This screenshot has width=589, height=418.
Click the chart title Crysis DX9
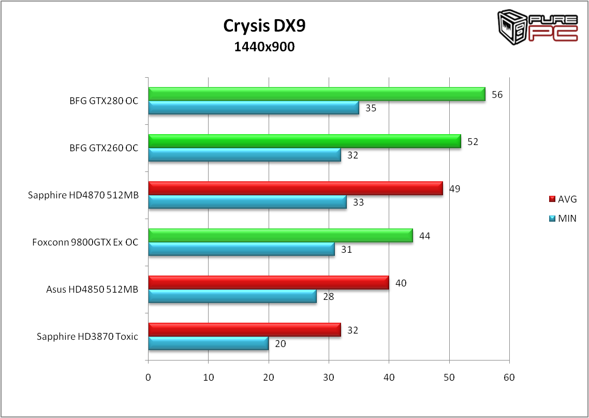[264, 25]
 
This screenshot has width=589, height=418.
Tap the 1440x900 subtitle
[264, 47]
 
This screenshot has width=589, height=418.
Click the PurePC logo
[538, 28]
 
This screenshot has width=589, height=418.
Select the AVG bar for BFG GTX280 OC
[316, 94]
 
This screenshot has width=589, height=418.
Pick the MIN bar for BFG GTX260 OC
[244, 154]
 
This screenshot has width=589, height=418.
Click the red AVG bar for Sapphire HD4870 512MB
[296, 188]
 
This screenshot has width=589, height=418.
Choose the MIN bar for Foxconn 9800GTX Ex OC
[241, 249]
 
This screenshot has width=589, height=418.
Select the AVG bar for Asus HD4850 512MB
[268, 282]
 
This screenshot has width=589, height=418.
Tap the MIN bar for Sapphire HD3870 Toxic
[208, 343]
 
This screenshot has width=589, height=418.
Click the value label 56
[497, 95]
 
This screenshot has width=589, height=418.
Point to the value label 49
[454, 189]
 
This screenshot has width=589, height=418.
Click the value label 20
[280, 343]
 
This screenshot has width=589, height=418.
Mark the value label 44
[424, 236]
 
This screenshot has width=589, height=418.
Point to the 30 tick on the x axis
[329, 378]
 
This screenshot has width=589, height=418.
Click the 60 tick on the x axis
[509, 378]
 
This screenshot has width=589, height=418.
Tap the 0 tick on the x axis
[149, 378]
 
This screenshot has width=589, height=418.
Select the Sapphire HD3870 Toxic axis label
[87, 337]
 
